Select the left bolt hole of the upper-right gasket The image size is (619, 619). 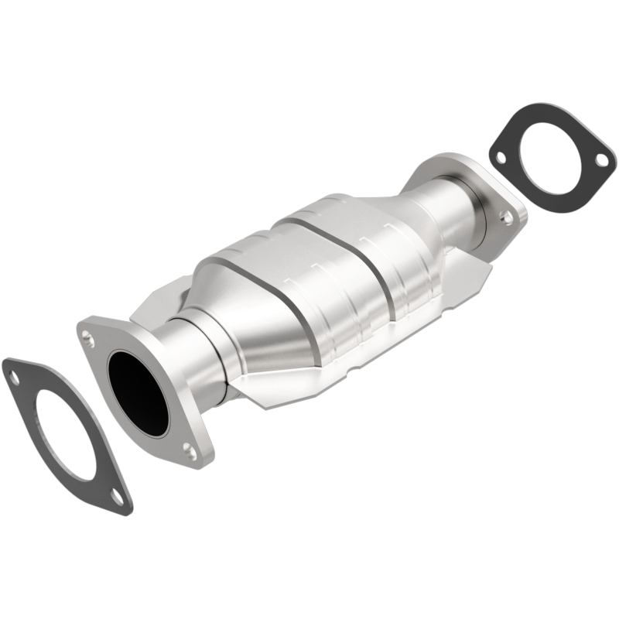tap(501, 157)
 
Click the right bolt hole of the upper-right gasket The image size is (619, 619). tap(600, 159)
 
